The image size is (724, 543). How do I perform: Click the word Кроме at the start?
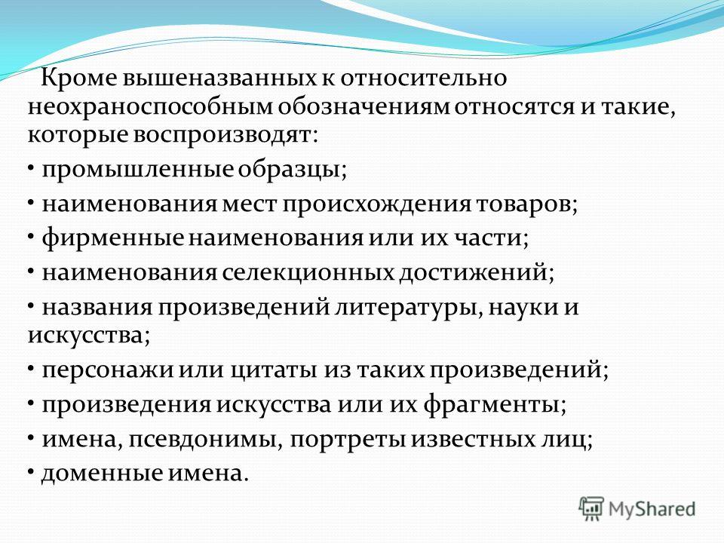click(x=79, y=78)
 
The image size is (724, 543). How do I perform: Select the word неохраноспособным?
click(x=151, y=108)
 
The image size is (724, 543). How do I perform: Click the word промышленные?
click(x=137, y=170)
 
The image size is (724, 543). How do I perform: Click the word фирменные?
click(x=112, y=238)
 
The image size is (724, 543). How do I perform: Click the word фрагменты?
click(x=491, y=405)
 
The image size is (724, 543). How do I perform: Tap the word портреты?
click(x=348, y=440)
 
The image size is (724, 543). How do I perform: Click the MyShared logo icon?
click(x=591, y=509)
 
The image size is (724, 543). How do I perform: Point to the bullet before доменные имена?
click(x=30, y=471)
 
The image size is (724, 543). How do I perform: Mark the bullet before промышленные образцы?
click(x=30, y=167)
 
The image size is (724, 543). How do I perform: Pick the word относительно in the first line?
click(x=423, y=78)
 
